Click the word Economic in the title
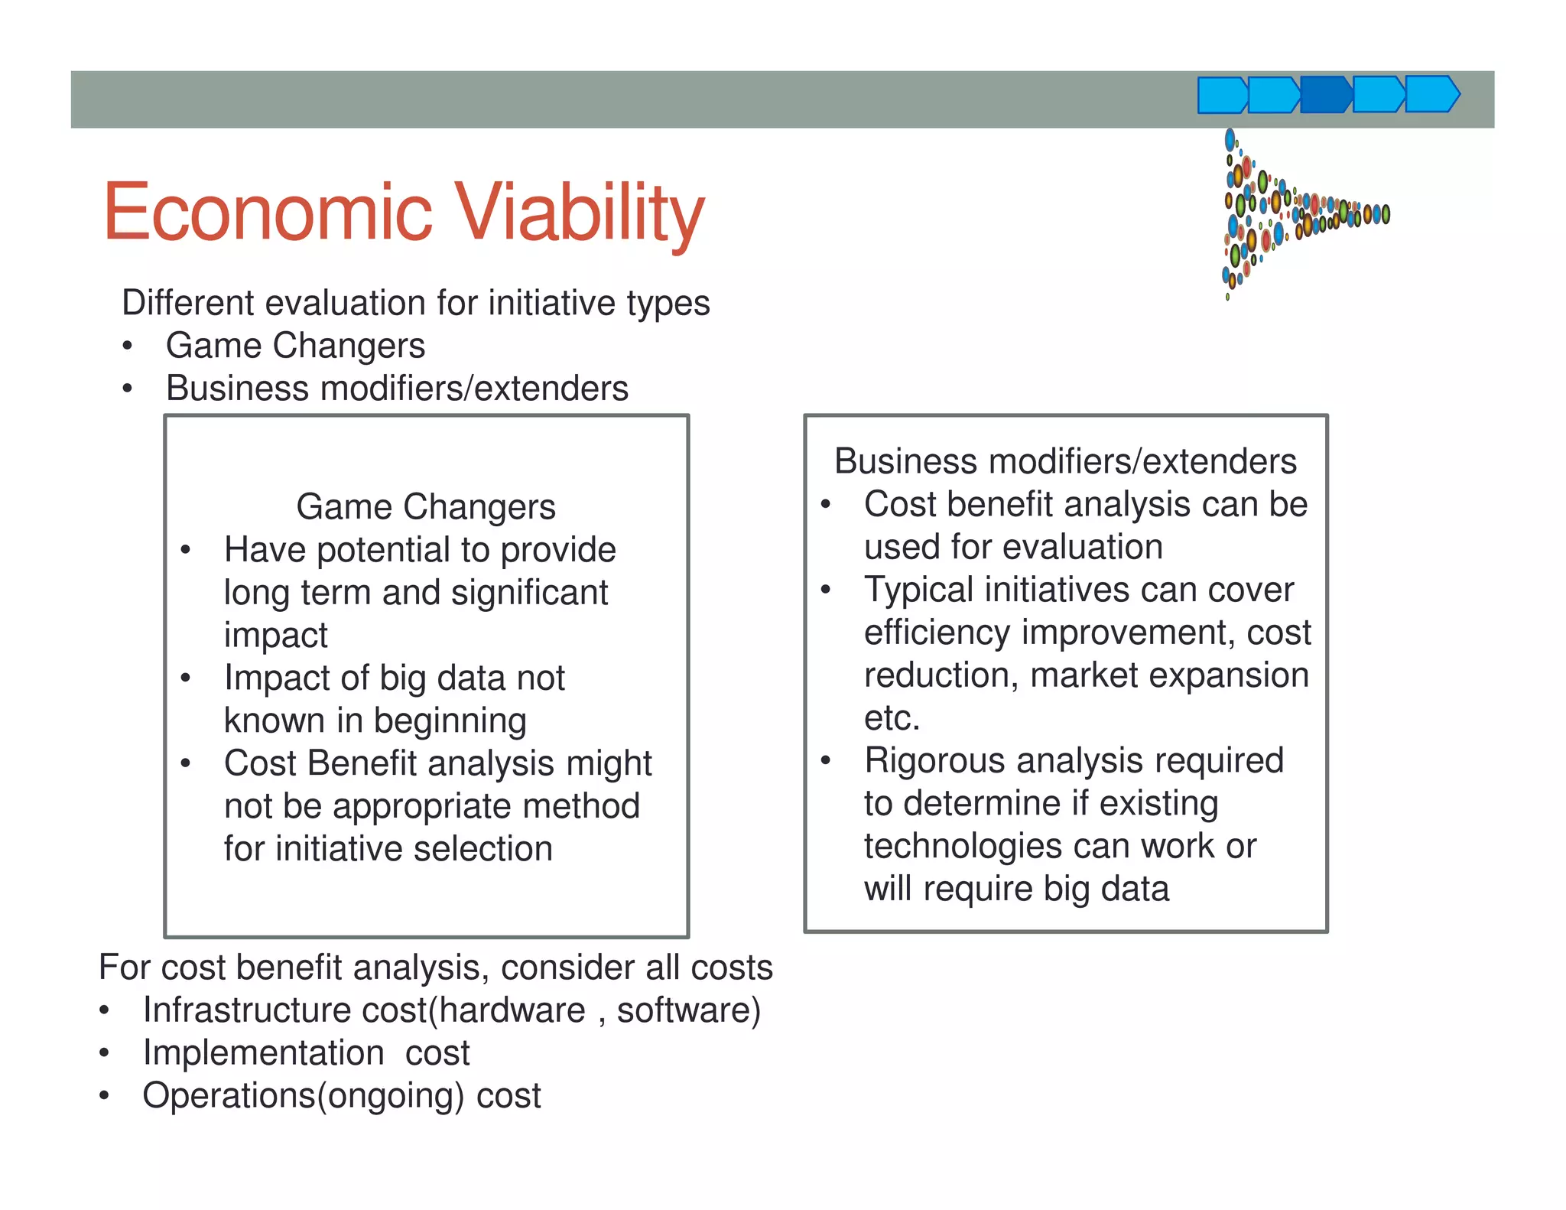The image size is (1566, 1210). pos(268,212)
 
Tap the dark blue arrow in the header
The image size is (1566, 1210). pos(1325,95)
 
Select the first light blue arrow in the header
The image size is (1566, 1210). pos(1221,96)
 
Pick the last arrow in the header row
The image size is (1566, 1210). pos(1432,95)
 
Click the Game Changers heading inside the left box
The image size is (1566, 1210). pos(426,506)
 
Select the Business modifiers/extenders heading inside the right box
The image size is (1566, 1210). pos(1065,461)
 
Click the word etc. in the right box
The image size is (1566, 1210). pos(892,718)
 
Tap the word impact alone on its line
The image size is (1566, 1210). pos(275,636)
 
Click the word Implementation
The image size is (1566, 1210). pos(263,1053)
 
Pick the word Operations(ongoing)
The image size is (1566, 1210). pos(303,1096)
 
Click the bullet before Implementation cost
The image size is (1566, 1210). pos(105,1053)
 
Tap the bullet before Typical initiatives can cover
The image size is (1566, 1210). pos(825,590)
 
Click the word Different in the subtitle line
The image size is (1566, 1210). pos(187,303)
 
